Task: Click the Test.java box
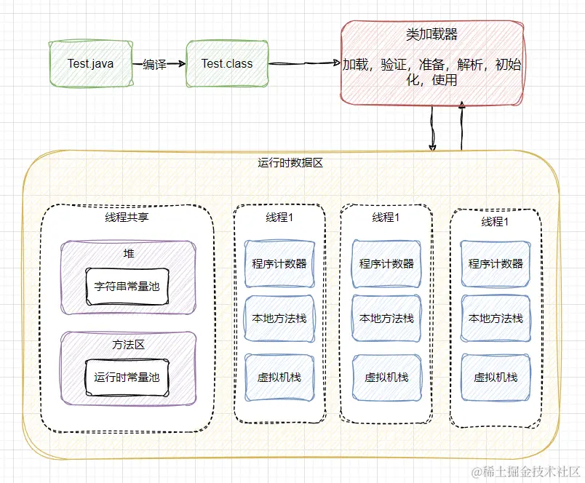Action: click(90, 64)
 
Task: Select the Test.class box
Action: click(226, 64)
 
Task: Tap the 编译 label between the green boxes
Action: click(154, 65)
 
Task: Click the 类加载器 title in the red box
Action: click(431, 34)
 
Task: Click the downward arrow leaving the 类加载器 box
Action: click(433, 129)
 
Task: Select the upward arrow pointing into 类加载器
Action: click(461, 129)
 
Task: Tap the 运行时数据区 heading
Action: click(290, 163)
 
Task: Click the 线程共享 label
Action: click(127, 216)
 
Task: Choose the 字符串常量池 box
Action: click(127, 287)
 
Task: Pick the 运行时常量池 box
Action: click(127, 377)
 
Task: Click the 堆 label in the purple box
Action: click(128, 254)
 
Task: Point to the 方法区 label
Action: click(128, 344)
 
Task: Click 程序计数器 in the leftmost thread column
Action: click(279, 263)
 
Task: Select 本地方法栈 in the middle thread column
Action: click(386, 318)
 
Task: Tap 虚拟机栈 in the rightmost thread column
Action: click(496, 378)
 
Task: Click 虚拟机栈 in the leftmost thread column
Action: click(279, 377)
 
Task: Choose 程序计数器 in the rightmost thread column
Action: click(496, 263)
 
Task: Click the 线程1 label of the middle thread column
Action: click(386, 217)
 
